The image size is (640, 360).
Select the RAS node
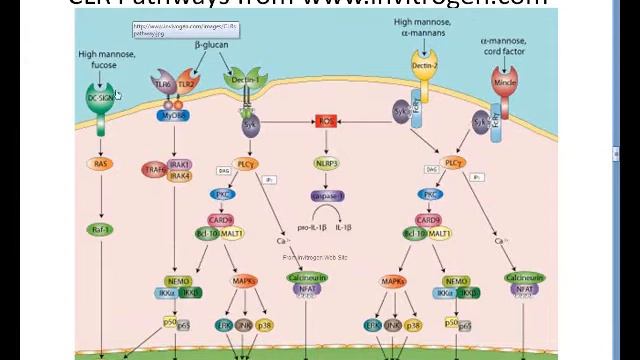pos(101,164)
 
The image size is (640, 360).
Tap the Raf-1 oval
pos(101,229)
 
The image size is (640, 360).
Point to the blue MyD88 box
pos(173,116)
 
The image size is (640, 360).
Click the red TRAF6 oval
pos(154,170)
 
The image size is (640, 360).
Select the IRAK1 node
pos(180,164)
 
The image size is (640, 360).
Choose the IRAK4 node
pos(180,176)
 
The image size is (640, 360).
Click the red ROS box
pos(326,121)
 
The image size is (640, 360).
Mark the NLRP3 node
pos(326,163)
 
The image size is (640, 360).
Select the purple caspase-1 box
pos(327,196)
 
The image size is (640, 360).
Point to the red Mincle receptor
pos(504,80)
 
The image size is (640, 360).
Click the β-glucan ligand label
pos(211,45)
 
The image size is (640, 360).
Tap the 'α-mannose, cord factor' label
pos(503,46)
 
